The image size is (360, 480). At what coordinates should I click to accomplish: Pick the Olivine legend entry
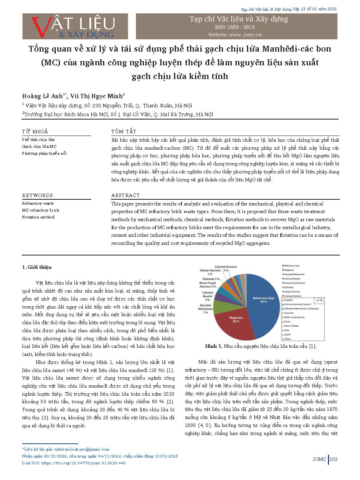[x=288, y=339]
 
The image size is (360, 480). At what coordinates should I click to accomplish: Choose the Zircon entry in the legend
[x=288, y=322]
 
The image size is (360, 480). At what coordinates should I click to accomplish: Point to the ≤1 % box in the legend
[x=318, y=300]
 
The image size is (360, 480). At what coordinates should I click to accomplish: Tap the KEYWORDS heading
[x=37, y=195]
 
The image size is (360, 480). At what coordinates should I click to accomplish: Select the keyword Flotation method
[x=38, y=217]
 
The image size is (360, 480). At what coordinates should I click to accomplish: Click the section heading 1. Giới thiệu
[x=37, y=267]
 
